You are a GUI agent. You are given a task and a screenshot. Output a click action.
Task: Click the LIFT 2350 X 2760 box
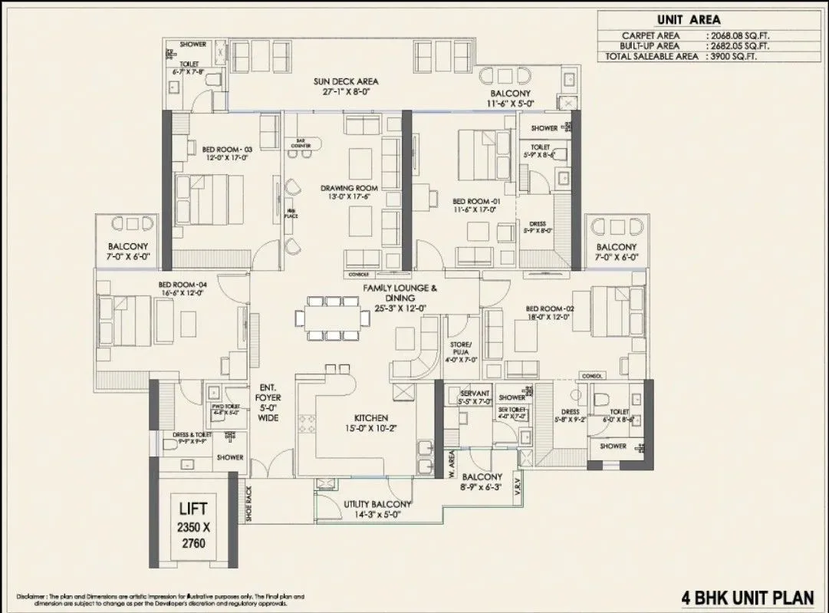(x=193, y=524)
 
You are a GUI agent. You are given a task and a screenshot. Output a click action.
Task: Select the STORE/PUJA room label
(x=462, y=349)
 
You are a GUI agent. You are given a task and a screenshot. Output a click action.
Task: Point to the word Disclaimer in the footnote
(x=31, y=596)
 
